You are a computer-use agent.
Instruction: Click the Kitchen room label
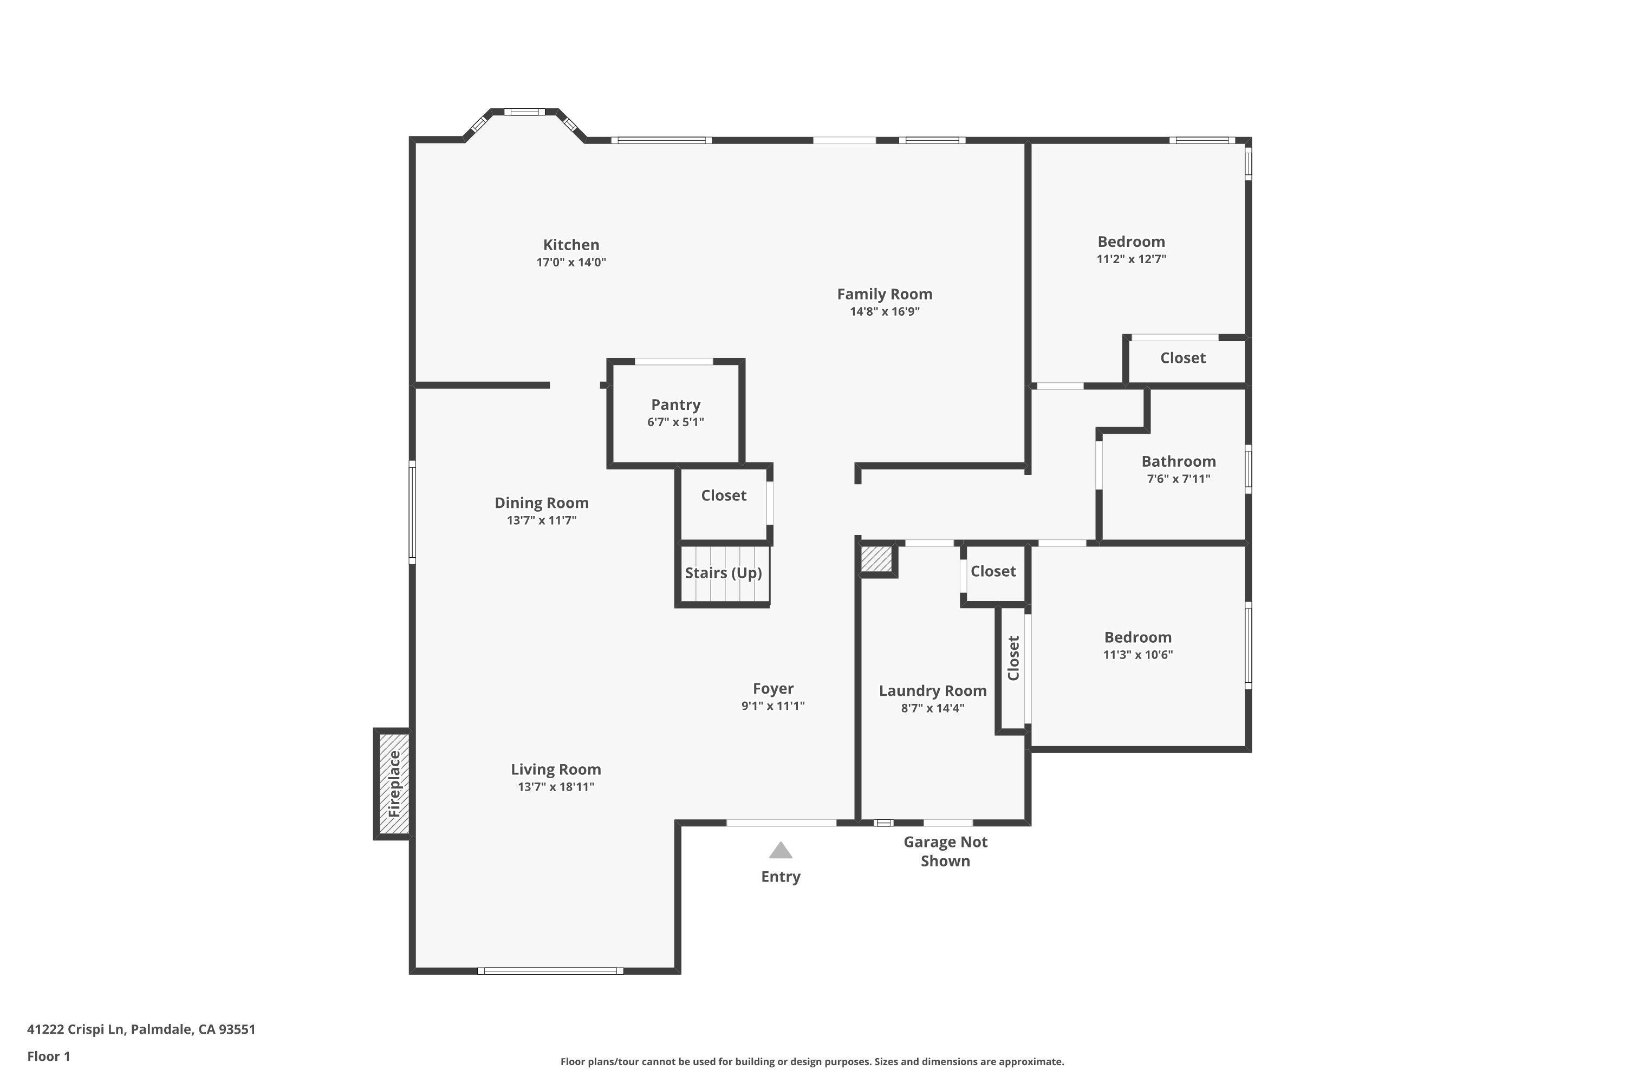[x=571, y=245]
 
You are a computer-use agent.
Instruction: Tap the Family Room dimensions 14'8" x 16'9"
[x=885, y=311]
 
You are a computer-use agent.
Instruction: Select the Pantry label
[x=675, y=405]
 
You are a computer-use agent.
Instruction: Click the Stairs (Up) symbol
[x=723, y=573]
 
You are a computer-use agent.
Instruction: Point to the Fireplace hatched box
[x=394, y=784]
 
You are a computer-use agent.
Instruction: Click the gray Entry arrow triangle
[x=780, y=850]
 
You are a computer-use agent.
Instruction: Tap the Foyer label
[x=772, y=689]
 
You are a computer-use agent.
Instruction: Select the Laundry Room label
[x=932, y=691]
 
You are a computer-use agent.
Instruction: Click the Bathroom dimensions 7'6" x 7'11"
[x=1178, y=479]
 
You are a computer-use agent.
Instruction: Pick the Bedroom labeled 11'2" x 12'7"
[x=1131, y=242]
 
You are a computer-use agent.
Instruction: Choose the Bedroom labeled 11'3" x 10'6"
[x=1137, y=637]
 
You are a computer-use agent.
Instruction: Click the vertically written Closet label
[x=1013, y=658]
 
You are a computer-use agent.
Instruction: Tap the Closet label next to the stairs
[x=723, y=495]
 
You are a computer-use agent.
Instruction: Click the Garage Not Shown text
[x=945, y=851]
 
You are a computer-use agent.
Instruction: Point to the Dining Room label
[x=541, y=503]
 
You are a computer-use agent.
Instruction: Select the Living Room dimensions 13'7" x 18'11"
[x=556, y=787]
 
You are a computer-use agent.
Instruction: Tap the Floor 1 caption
[x=48, y=1056]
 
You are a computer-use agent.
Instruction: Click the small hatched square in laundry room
[x=876, y=559]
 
